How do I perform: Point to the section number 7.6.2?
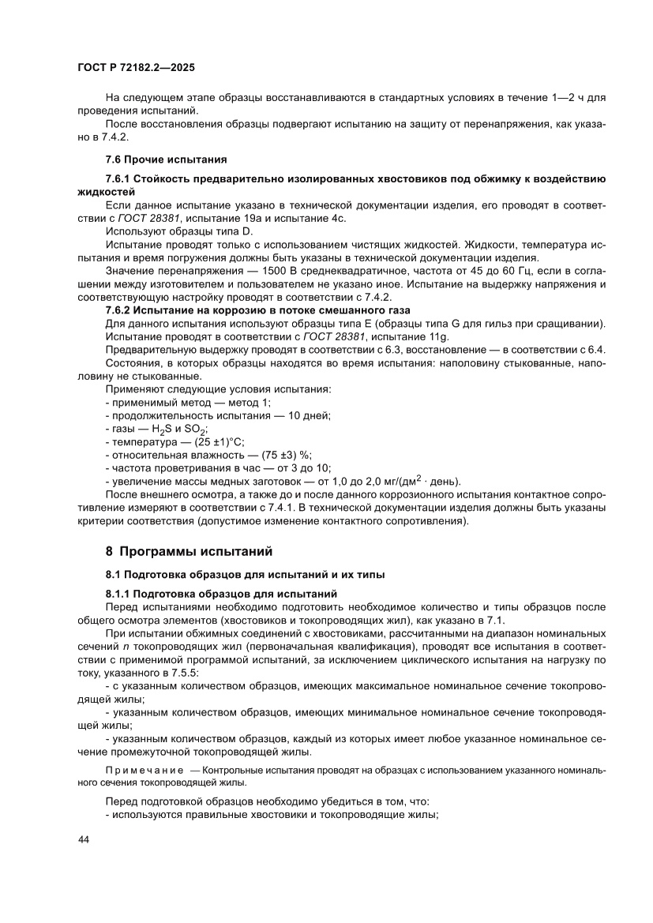click(120, 309)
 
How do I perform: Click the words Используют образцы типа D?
click(178, 231)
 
